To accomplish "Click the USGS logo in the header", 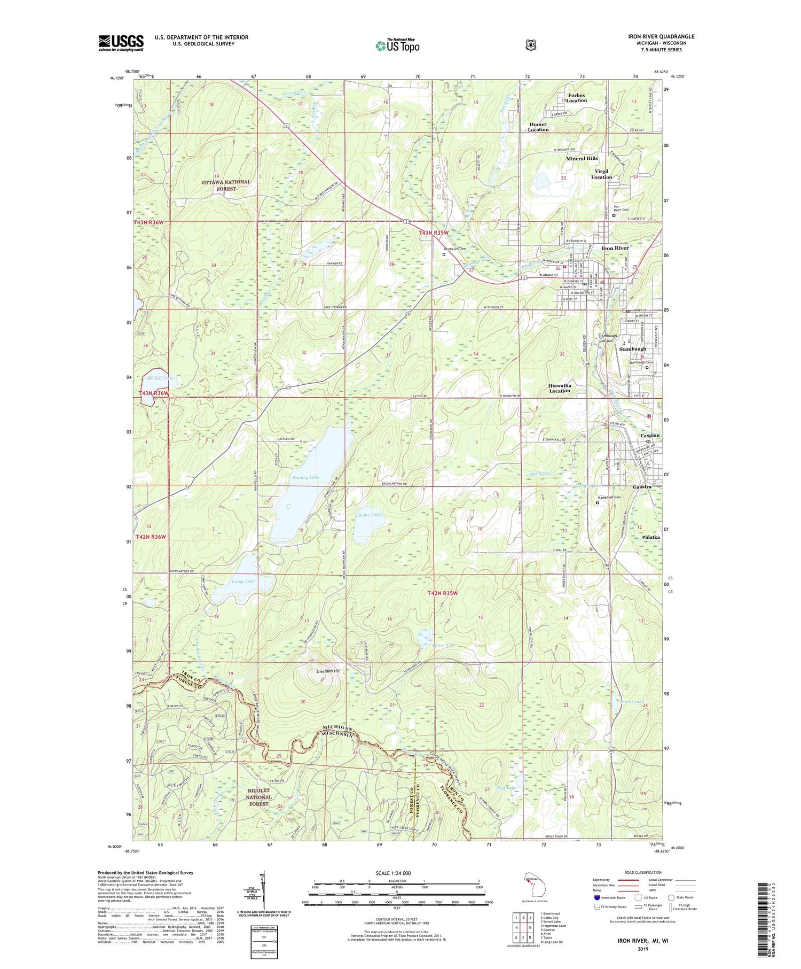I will click(121, 43).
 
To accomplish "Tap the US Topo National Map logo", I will click(397, 45).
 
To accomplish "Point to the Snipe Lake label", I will click(368, 515).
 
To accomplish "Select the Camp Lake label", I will click(244, 581).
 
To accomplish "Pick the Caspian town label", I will click(650, 436).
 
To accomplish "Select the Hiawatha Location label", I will click(560, 387).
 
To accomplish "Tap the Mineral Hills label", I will click(582, 159).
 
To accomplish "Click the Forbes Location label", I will click(576, 98).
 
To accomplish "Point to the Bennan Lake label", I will click(159, 378).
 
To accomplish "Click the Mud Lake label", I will click(506, 788).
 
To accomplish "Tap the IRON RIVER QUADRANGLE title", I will click(661, 37).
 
